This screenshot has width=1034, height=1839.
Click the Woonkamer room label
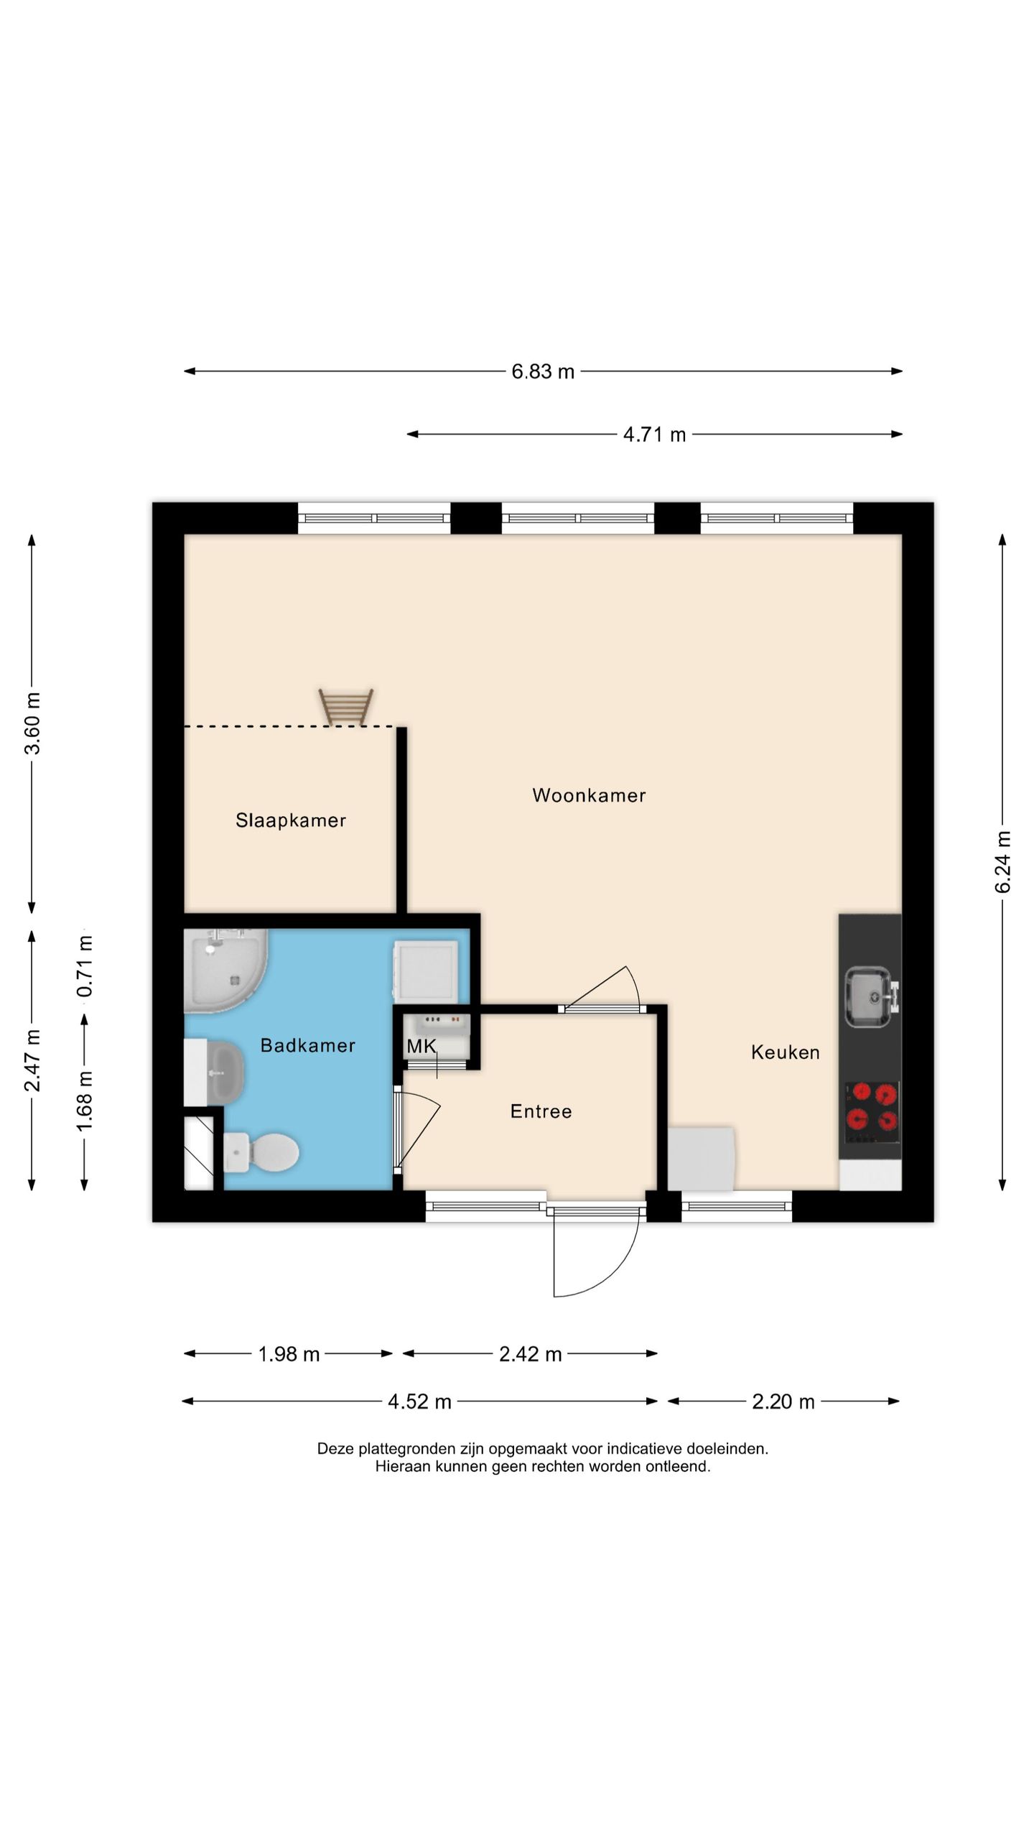[589, 795]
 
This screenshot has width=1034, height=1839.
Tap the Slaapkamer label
[291, 820]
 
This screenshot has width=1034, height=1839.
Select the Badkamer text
[307, 1045]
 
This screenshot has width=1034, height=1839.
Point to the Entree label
[541, 1111]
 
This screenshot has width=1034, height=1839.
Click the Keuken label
[785, 1052]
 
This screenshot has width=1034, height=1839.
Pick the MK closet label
[421, 1046]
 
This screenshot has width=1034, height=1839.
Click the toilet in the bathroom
[261, 1152]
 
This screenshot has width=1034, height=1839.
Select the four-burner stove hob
[872, 1112]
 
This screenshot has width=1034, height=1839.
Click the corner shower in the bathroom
[225, 970]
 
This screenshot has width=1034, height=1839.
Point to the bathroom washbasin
[215, 1073]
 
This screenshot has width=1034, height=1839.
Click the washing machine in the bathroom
[426, 972]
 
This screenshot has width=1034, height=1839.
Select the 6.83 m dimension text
[543, 371]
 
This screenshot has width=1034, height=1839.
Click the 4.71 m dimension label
[654, 435]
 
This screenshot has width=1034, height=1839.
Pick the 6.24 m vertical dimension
[1002, 862]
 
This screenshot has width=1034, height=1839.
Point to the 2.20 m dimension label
[783, 1402]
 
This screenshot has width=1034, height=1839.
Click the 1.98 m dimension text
[289, 1354]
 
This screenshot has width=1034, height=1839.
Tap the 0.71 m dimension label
[85, 965]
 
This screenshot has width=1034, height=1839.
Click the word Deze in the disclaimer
[336, 1448]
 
